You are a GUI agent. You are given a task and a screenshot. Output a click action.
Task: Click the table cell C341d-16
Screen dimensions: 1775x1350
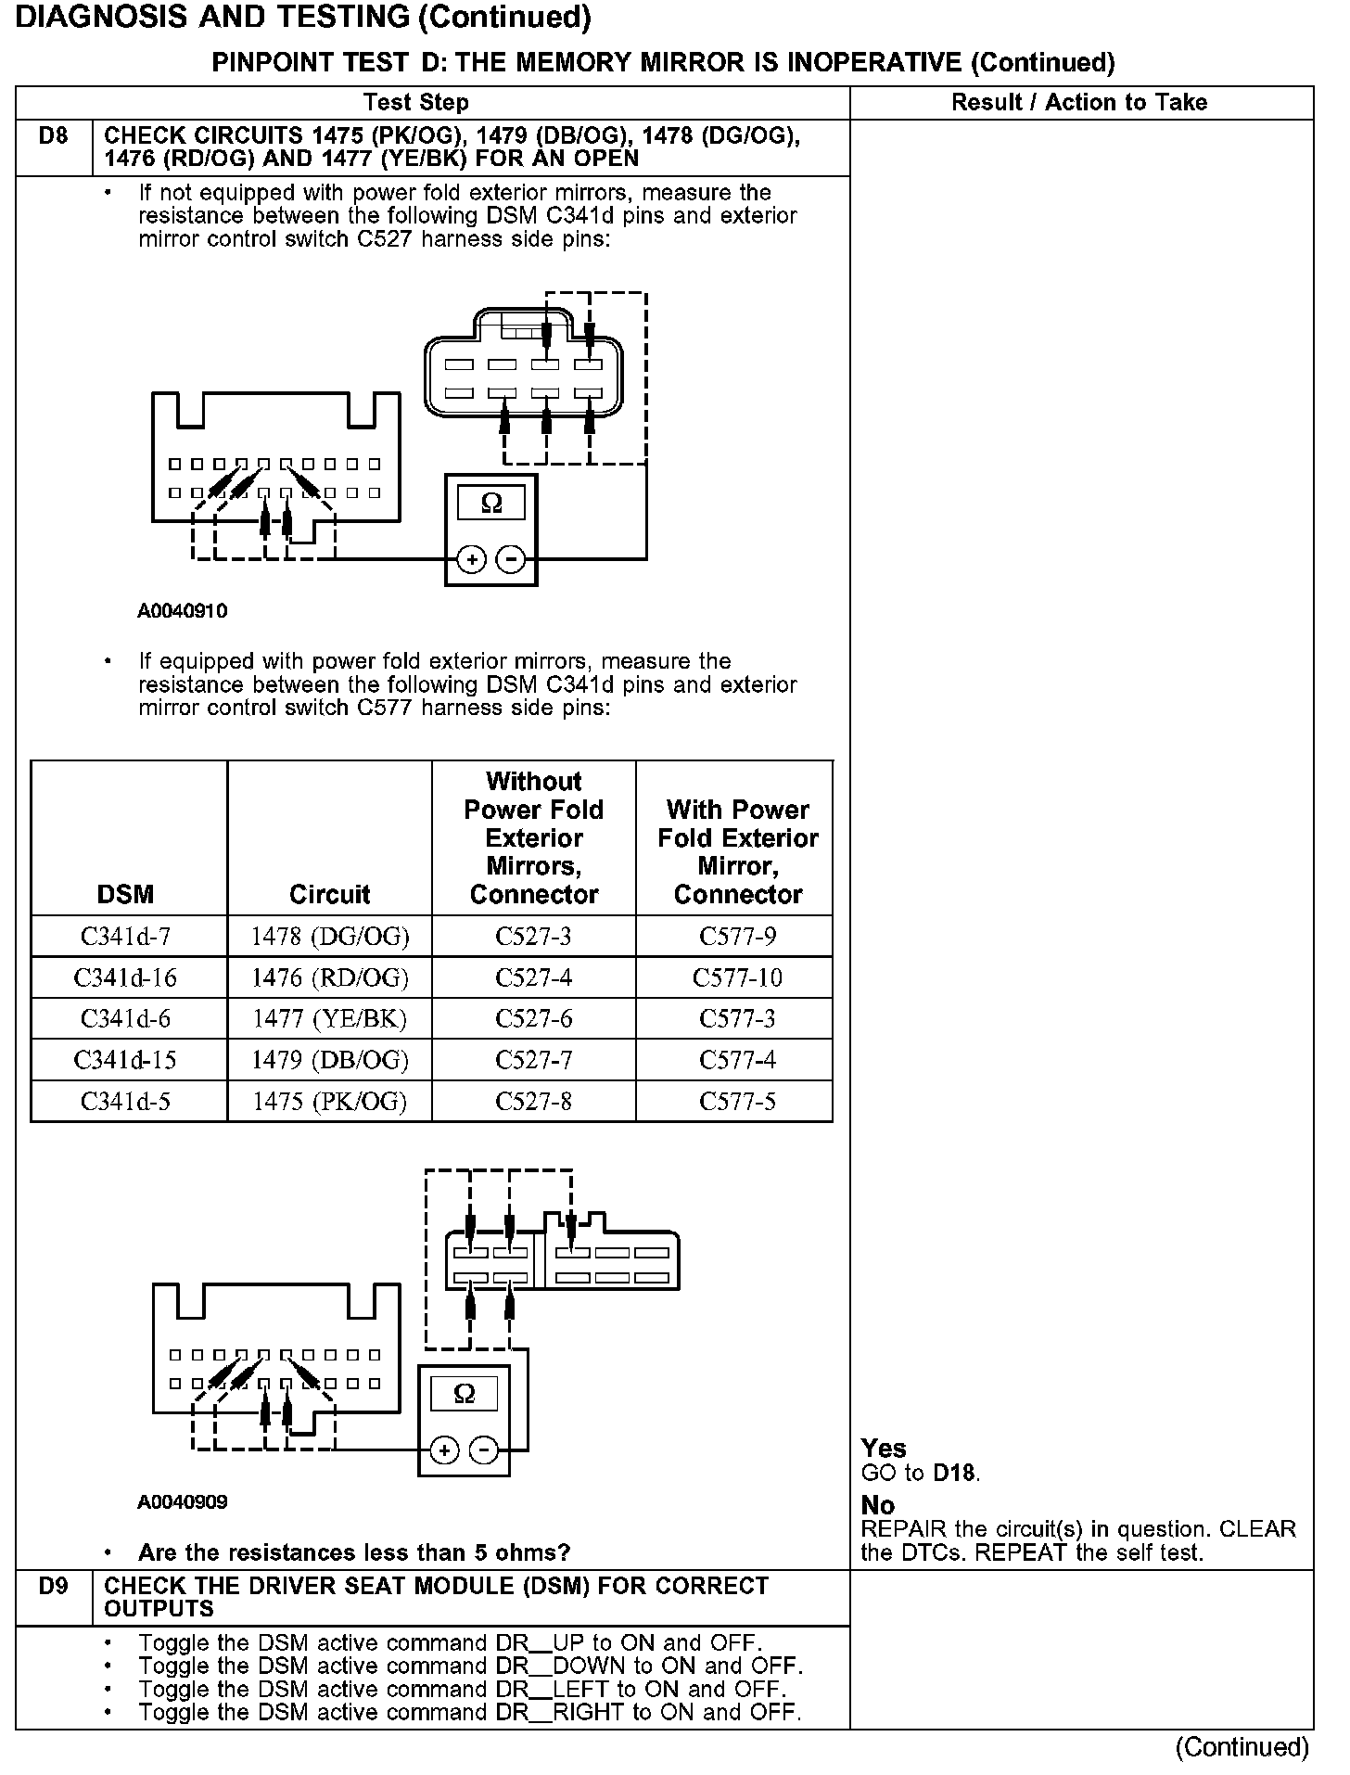pyautogui.click(x=125, y=977)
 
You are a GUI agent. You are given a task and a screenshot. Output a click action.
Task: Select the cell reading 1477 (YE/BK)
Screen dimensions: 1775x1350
pyautogui.click(x=329, y=1018)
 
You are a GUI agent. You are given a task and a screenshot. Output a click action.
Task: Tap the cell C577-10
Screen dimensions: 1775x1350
pyautogui.click(x=737, y=977)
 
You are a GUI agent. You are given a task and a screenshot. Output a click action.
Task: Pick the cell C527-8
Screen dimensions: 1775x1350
pyautogui.click(x=533, y=1102)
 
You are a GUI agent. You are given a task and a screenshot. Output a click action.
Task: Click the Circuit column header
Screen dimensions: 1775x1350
pyautogui.click(x=329, y=894)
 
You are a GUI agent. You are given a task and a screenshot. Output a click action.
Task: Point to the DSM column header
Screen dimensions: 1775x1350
pyautogui.click(x=125, y=894)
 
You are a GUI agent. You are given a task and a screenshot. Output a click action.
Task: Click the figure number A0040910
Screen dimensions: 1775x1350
pyautogui.click(x=183, y=611)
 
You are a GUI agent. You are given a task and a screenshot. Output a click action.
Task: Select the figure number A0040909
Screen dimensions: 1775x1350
pyautogui.click(x=183, y=1501)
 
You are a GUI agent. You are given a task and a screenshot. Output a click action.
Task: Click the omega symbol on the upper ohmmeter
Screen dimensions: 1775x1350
pyautogui.click(x=491, y=504)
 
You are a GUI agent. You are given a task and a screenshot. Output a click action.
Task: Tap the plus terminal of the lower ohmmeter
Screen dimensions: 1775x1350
pyautogui.click(x=445, y=1450)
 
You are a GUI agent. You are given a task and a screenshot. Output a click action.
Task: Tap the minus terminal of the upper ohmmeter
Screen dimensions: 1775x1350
pyautogui.click(x=511, y=559)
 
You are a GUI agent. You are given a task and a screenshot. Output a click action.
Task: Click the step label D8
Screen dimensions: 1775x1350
pyautogui.click(x=53, y=136)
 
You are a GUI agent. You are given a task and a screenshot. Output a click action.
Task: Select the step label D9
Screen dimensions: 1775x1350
pyautogui.click(x=53, y=1586)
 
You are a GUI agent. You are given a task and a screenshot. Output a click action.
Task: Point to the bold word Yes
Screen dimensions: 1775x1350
pyautogui.click(x=883, y=1448)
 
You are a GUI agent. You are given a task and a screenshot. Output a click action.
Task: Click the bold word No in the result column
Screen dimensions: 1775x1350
pyautogui.click(x=877, y=1504)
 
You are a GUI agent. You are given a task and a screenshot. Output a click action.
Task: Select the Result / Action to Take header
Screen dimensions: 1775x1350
pyautogui.click(x=1079, y=102)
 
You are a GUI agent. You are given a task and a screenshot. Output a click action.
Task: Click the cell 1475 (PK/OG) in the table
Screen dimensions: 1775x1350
pyautogui.click(x=329, y=1102)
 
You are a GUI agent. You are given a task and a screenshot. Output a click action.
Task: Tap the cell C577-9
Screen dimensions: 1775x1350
pyautogui.click(x=737, y=937)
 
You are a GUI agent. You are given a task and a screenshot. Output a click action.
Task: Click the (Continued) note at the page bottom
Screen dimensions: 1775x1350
pyautogui.click(x=1242, y=1747)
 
